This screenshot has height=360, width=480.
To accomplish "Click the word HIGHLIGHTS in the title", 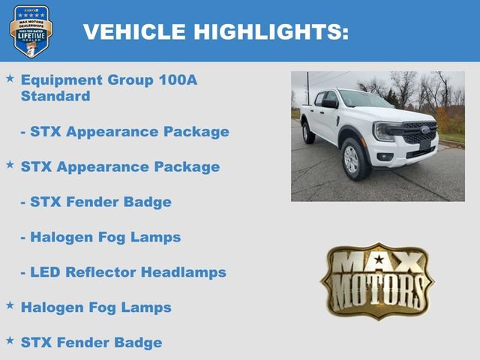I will point(271,31).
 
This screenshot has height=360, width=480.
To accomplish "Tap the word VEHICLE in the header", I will point(134,31).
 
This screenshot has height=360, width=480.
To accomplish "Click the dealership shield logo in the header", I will point(31,31).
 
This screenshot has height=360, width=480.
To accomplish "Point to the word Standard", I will point(55,96).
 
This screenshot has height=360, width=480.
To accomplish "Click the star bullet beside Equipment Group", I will point(10,78).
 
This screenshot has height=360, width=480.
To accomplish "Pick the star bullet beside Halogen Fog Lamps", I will point(10,305).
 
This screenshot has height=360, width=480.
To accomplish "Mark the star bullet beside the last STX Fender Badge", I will point(10,340).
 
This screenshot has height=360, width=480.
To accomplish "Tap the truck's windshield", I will point(365,100).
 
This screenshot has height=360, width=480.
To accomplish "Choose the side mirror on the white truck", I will point(330,104).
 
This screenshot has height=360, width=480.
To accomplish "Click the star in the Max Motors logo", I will point(378,259).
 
